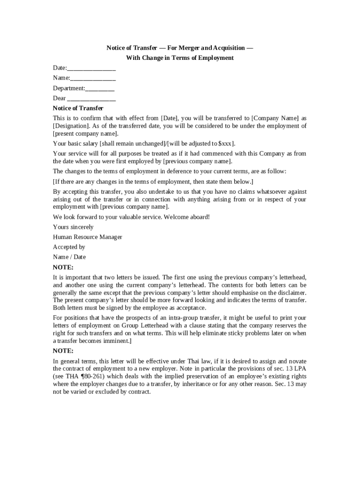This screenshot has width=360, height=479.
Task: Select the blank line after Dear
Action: (x=92, y=98)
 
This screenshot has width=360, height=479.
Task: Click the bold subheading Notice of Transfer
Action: (x=78, y=108)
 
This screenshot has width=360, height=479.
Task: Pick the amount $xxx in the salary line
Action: (x=225, y=144)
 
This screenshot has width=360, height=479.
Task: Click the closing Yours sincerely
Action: (x=73, y=227)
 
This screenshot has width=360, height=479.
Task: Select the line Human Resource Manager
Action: (x=87, y=237)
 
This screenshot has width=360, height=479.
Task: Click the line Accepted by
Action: (x=69, y=247)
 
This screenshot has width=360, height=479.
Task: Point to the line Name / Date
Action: (x=69, y=257)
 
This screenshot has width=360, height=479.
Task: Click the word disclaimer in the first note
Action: (x=291, y=292)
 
